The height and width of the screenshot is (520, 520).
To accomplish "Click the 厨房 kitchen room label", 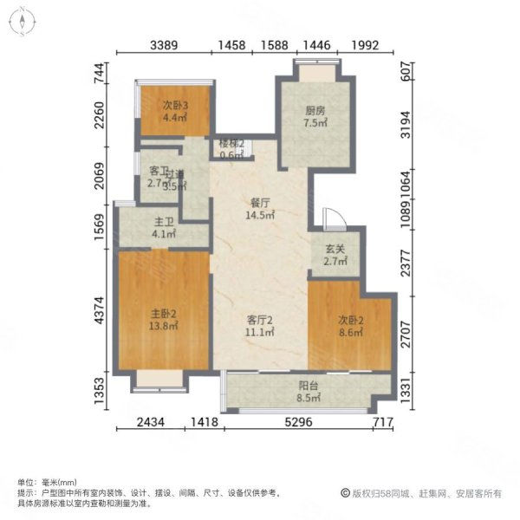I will [315, 110].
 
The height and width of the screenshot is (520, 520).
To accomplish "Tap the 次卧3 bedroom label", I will [175, 106].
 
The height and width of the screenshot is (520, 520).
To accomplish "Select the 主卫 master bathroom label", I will [163, 221].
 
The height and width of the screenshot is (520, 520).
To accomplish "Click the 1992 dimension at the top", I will [367, 45].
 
